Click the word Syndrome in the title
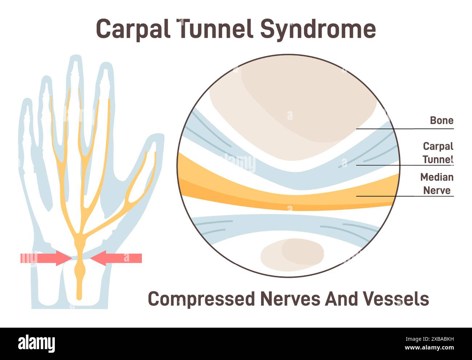[x=318, y=29]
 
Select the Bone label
[x=442, y=120]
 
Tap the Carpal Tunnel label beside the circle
[x=438, y=153]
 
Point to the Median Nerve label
[x=437, y=183]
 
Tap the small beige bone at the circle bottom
[x=292, y=253]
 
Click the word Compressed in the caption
[x=202, y=299]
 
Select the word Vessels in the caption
[x=396, y=299]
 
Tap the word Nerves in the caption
[x=290, y=299]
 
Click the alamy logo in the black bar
[x=36, y=344]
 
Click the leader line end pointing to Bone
[x=357, y=129]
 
